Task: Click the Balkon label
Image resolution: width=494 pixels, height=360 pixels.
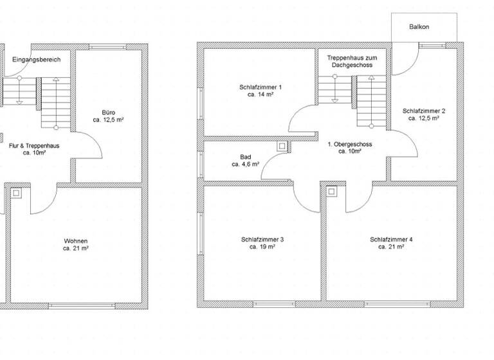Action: pos(419,27)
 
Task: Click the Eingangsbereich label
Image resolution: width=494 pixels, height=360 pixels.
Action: pos(36,60)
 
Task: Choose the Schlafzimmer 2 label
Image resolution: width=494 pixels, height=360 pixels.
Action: pos(423,111)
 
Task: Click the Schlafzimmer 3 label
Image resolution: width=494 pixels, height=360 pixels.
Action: pos(262,239)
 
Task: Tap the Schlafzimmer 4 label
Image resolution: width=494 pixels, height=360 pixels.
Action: pos(391,239)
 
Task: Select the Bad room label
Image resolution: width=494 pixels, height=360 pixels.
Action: pos(245,156)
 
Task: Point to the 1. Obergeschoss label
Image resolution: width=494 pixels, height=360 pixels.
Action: pos(351,145)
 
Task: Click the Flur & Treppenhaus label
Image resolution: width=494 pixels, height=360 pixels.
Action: pos(34,146)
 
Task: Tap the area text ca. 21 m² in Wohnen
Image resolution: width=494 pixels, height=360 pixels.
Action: pos(75,248)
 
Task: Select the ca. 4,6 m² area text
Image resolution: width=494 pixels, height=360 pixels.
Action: pos(245,165)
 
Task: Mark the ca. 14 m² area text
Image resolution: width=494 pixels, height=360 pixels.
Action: pos(260,94)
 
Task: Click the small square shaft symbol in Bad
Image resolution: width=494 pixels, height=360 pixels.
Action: pos(282,147)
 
